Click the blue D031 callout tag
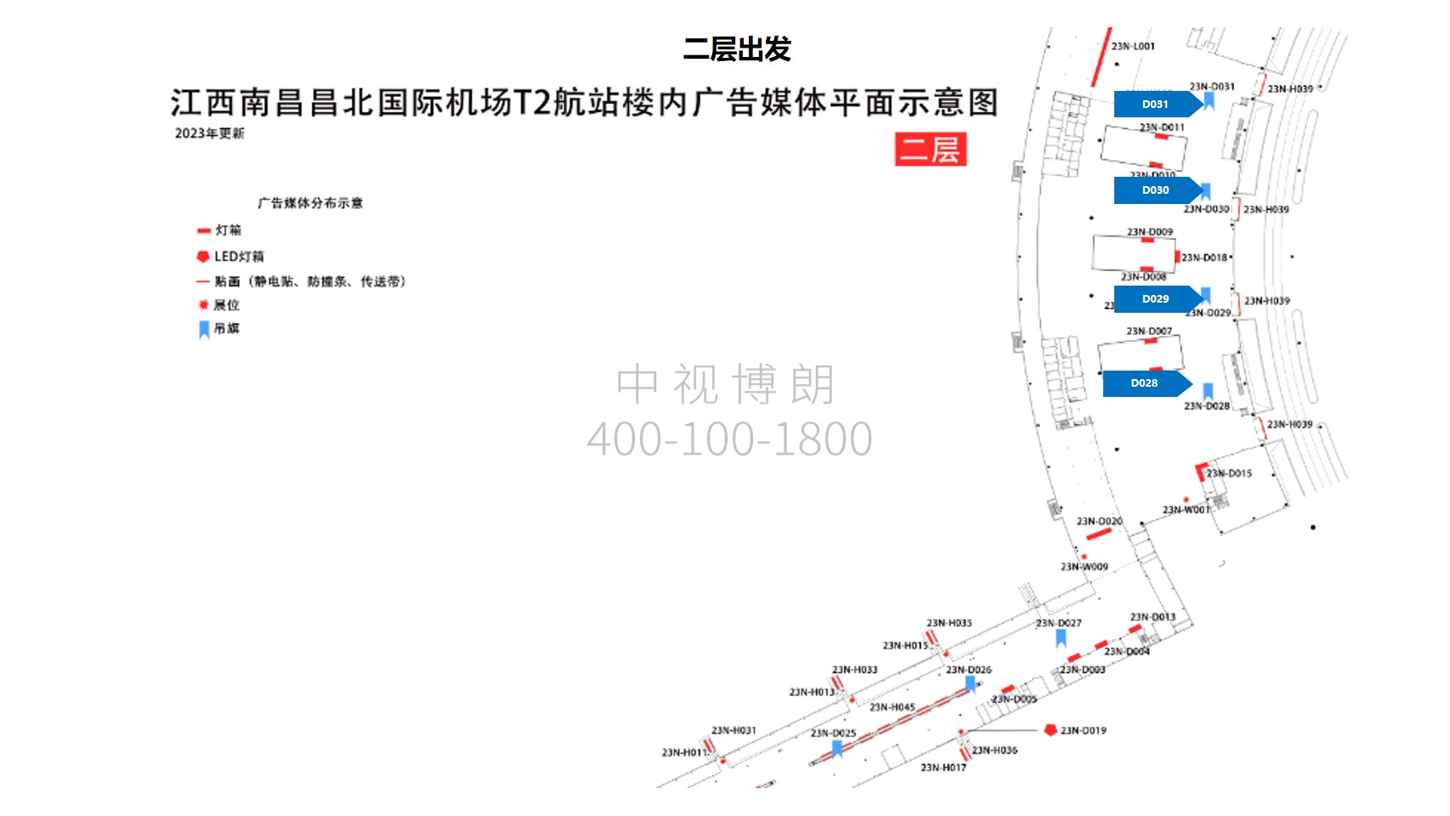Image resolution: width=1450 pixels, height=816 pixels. tap(1155, 104)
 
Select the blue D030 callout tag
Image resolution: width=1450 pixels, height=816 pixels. tap(1155, 190)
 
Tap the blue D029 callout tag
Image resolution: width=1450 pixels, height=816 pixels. tap(1155, 299)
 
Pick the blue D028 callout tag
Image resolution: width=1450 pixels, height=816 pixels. tap(1144, 383)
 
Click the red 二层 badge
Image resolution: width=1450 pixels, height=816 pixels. tap(930, 150)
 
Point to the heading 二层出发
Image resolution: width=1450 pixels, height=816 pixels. tap(737, 49)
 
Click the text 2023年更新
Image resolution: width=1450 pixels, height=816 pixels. tap(209, 133)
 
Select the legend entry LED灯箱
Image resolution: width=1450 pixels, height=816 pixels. tap(238, 257)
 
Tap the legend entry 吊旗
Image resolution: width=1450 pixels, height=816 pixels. tap(226, 329)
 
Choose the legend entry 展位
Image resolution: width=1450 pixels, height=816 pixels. tap(226, 305)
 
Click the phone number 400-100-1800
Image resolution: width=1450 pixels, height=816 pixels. tap(729, 439)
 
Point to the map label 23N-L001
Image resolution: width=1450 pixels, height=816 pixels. tap(1133, 46)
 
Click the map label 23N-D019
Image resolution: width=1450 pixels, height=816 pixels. tap(1083, 730)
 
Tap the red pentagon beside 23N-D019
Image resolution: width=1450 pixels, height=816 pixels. tap(1051, 730)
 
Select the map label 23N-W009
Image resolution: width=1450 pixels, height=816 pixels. tap(1084, 566)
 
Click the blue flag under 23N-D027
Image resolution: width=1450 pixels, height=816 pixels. tap(1061, 637)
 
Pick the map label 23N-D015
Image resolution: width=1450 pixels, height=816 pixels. tap(1229, 473)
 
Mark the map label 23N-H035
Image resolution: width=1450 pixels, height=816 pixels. tap(949, 623)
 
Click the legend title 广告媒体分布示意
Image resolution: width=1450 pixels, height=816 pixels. tap(310, 203)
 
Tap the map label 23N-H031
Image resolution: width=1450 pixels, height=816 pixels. tap(733, 730)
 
